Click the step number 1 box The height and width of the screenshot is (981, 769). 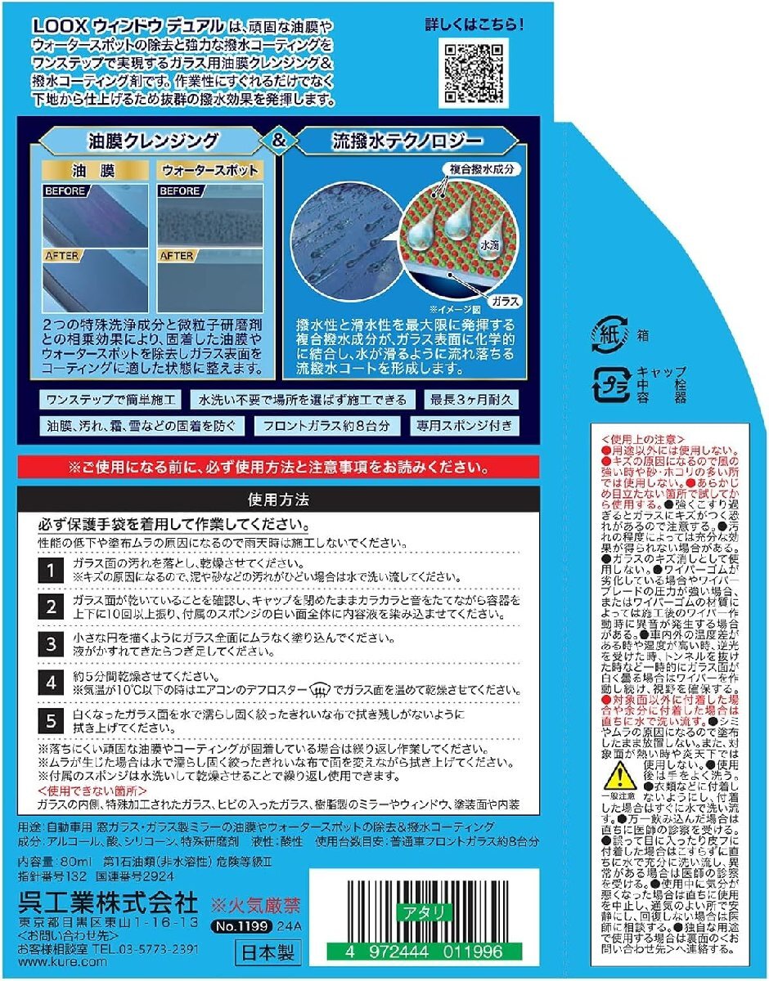click(x=51, y=569)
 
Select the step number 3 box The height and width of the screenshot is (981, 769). click(x=51, y=644)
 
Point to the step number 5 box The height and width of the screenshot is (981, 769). click(x=51, y=719)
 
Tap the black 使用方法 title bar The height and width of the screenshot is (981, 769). click(x=278, y=497)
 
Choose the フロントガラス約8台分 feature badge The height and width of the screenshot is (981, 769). click(x=327, y=426)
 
